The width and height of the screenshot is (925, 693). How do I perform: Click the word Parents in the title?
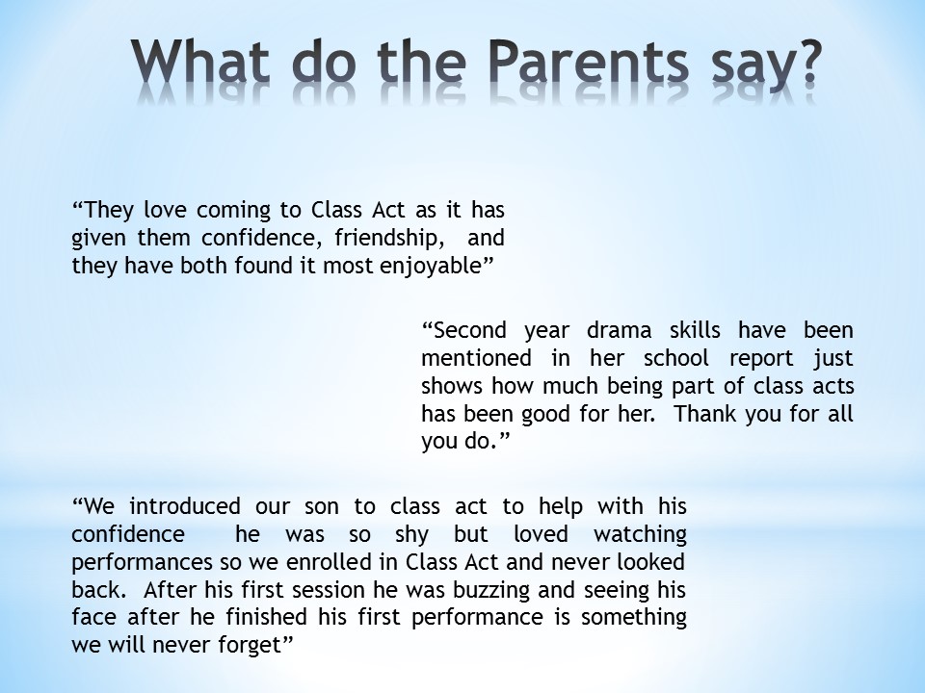click(x=588, y=61)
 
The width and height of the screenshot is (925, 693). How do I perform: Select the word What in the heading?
click(x=200, y=61)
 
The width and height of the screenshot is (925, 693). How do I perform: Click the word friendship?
click(x=388, y=238)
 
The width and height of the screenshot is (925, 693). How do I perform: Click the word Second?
click(x=469, y=330)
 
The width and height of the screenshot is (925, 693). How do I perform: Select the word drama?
click(x=619, y=330)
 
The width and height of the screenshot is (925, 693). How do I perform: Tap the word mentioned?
click(x=476, y=358)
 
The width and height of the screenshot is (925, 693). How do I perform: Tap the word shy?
click(x=411, y=535)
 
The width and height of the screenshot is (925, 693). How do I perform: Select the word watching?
click(x=640, y=534)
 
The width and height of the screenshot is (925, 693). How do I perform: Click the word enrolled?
click(x=330, y=561)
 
